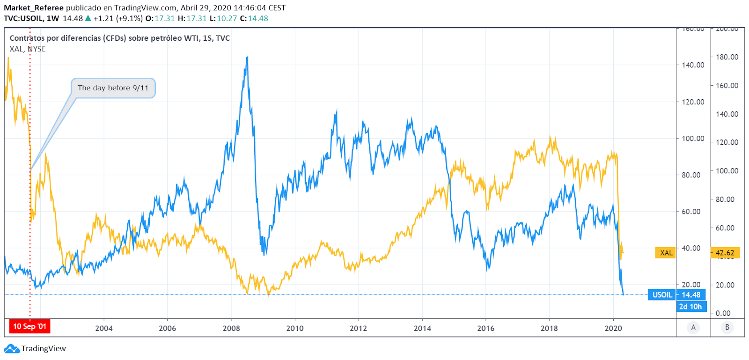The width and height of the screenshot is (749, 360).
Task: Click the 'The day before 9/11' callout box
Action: (x=113, y=88)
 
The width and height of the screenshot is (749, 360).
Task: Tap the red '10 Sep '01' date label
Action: (x=29, y=326)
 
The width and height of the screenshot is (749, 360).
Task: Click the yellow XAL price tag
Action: (x=666, y=253)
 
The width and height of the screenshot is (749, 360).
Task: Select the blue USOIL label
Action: (x=662, y=294)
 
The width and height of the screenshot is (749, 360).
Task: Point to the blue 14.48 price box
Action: (x=691, y=294)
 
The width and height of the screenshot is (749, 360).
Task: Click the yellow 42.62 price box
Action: (x=725, y=253)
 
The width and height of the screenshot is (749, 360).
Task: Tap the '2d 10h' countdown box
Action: (x=691, y=307)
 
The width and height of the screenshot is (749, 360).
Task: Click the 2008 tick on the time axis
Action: (x=231, y=328)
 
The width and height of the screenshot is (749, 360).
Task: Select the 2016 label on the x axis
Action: (x=485, y=328)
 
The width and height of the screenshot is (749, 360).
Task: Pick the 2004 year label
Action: (x=104, y=328)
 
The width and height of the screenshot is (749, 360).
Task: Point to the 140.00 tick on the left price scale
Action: (x=693, y=65)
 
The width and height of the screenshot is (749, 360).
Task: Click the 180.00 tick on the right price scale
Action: (x=727, y=57)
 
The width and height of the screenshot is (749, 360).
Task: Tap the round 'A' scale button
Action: (x=693, y=327)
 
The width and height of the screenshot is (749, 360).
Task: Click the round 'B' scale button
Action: (x=727, y=327)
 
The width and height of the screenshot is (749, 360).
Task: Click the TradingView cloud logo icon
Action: (x=11, y=349)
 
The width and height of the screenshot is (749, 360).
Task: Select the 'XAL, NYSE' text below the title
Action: (x=28, y=49)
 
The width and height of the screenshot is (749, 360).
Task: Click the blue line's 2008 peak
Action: (x=247, y=58)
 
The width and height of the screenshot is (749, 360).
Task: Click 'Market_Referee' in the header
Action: (x=34, y=8)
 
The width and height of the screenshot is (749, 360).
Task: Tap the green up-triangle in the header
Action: (x=88, y=18)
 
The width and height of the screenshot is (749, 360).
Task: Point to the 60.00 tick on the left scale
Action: (x=691, y=212)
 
